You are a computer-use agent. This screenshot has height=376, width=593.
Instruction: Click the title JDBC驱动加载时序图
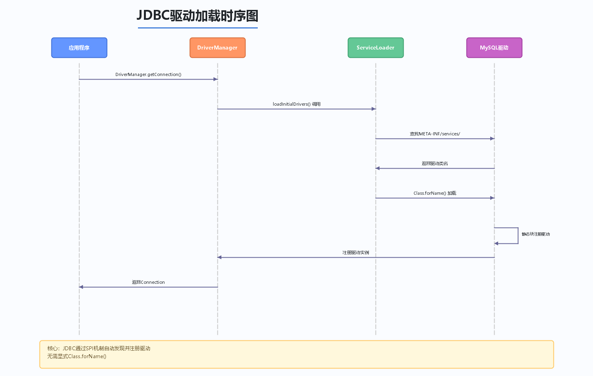[x=198, y=16]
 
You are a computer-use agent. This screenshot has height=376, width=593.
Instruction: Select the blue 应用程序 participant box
[x=79, y=47]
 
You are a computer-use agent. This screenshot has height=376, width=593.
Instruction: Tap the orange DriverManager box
[x=217, y=47]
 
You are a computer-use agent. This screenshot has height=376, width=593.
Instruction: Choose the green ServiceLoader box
[x=376, y=47]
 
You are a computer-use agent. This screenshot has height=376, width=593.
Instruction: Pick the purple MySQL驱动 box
[x=494, y=47]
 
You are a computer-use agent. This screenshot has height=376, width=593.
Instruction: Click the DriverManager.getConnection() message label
[x=148, y=74]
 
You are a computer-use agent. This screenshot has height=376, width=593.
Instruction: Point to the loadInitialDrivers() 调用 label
[x=296, y=104]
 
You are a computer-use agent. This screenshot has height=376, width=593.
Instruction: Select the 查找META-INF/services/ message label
[x=435, y=134]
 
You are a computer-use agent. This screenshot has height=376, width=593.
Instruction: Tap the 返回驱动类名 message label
[x=435, y=163]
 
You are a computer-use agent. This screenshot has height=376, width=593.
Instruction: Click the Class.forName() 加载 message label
[x=435, y=193]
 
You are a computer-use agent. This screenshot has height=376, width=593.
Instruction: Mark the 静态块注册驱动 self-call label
[x=536, y=234]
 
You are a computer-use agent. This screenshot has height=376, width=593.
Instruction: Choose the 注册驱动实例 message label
[x=356, y=253]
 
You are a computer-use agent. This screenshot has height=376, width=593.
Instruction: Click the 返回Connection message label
[x=148, y=282]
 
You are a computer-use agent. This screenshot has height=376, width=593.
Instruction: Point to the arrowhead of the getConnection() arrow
[x=215, y=79]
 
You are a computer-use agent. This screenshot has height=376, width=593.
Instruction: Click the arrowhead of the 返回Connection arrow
[x=81, y=287]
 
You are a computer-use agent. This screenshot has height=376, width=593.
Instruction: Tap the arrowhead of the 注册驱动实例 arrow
[x=219, y=257]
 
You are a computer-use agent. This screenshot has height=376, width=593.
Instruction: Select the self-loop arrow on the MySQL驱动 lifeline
[x=518, y=235]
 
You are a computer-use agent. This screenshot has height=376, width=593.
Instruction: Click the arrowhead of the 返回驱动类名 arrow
[x=378, y=168]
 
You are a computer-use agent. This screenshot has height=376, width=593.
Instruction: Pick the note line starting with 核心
[x=99, y=348]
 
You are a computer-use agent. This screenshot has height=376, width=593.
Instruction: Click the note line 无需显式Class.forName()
[x=77, y=356]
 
